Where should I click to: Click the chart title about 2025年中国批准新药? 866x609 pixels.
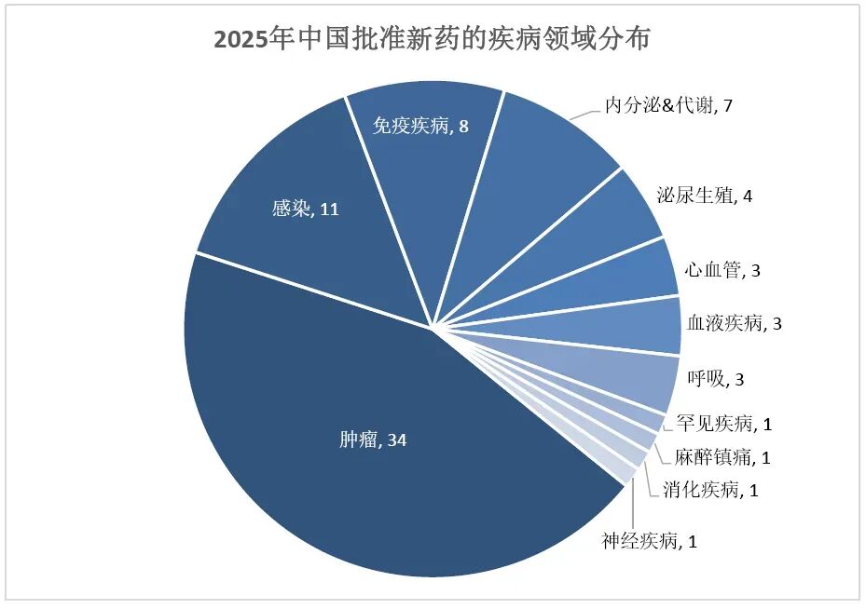tap(433, 39)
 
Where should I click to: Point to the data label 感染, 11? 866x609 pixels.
tap(305, 210)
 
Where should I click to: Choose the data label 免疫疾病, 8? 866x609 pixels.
tap(420, 126)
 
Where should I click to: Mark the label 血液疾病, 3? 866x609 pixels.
tap(734, 324)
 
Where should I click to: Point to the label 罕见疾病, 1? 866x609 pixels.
tap(723, 425)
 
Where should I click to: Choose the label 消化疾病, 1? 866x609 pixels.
tap(710, 489)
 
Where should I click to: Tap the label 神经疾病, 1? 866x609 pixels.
tap(649, 540)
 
